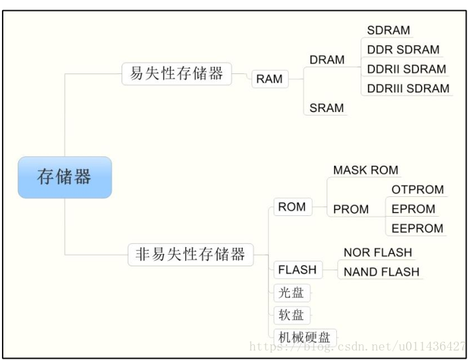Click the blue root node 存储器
click(65, 178)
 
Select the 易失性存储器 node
click(177, 73)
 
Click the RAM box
click(269, 79)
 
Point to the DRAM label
click(327, 60)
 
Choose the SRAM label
click(327, 107)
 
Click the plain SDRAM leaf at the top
click(388, 31)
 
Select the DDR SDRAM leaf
click(403, 50)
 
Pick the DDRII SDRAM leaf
click(406, 69)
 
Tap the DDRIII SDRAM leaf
click(408, 88)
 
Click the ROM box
click(292, 207)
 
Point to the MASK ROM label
click(365, 170)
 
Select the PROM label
click(351, 209)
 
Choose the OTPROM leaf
click(418, 190)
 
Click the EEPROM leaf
click(417, 228)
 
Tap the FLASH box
click(297, 270)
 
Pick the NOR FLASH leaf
click(378, 252)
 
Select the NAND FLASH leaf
click(381, 272)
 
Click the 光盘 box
click(291, 293)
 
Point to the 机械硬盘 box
click(304, 336)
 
